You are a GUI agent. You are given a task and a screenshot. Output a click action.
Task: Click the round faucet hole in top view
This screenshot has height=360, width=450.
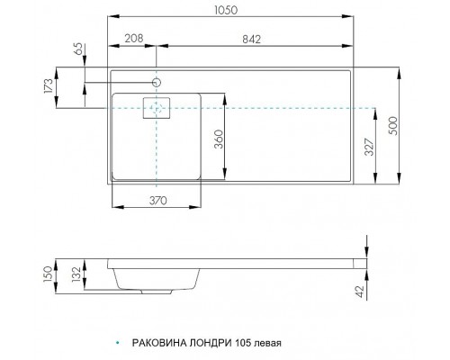(x=157, y=83)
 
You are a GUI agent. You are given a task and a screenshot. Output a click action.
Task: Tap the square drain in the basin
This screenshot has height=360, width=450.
(x=157, y=109)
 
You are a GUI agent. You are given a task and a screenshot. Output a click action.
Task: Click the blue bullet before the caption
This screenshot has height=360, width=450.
(x=118, y=343)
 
